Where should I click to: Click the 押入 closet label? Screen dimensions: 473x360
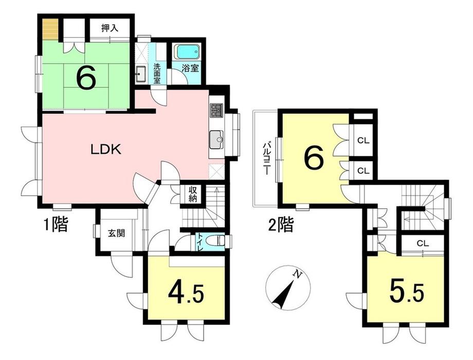[110, 28]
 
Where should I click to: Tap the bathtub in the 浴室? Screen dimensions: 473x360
[187, 52]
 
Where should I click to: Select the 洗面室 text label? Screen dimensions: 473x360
[157, 74]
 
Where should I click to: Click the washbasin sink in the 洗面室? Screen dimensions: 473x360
[141, 74]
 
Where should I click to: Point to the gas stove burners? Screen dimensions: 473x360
[216, 111]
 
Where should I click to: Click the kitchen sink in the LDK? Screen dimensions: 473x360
[216, 139]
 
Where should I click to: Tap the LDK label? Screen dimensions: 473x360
[106, 149]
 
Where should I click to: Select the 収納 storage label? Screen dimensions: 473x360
[193, 194]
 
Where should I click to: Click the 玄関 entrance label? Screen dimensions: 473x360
[116, 233]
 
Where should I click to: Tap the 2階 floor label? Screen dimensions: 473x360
[281, 225]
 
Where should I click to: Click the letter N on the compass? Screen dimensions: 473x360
[298, 274]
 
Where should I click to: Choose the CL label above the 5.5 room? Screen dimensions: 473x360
[423, 244]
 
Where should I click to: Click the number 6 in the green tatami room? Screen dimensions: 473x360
[86, 77]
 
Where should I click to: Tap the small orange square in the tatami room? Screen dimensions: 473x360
[50, 29]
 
